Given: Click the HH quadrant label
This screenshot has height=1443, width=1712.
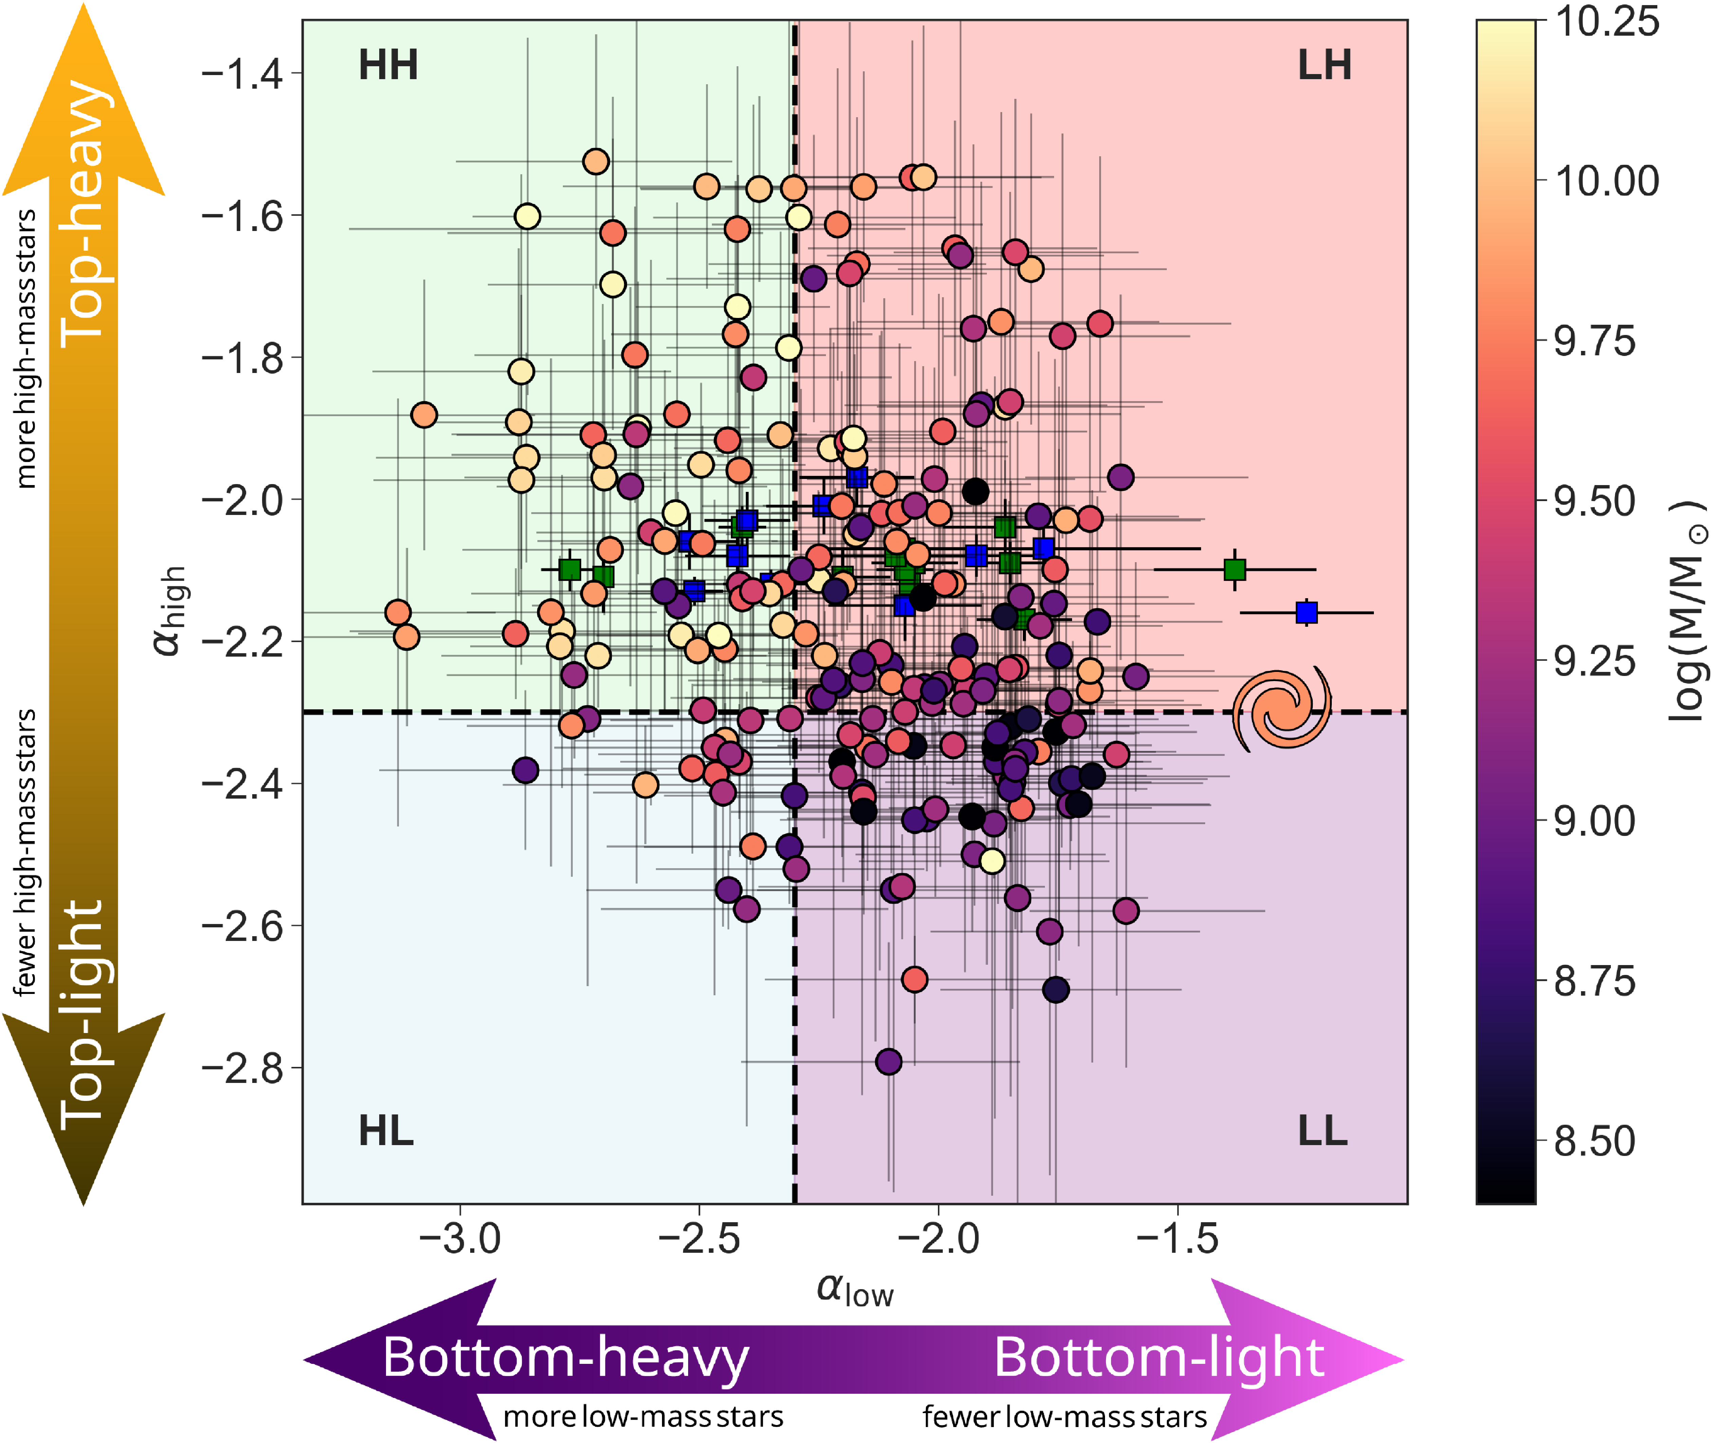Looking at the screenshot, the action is click(x=388, y=66).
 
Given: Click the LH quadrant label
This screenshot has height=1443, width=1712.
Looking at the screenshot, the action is click(x=1324, y=66).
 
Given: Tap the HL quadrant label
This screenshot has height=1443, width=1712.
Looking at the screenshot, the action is click(x=386, y=1131).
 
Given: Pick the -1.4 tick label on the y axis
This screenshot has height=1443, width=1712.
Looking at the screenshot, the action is click(x=242, y=74).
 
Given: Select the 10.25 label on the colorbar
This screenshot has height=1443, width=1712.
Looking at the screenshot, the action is click(x=1606, y=21).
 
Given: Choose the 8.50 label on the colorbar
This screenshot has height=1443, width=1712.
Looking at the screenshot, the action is click(x=1594, y=1141).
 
